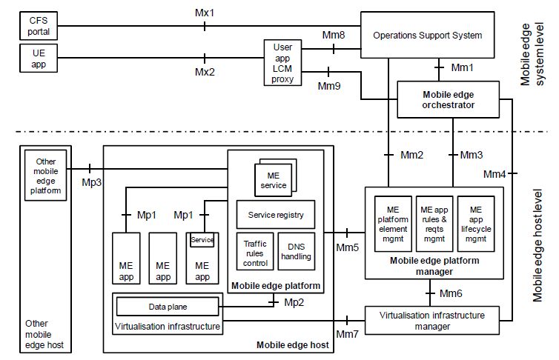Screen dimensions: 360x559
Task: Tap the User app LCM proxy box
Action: point(283,62)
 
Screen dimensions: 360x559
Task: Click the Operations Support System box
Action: point(427,35)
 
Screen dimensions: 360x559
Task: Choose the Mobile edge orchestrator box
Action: point(449,99)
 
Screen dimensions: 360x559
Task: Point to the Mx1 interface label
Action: point(205,12)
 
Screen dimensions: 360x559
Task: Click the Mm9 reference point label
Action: point(328,87)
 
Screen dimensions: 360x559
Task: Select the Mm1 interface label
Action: point(463,67)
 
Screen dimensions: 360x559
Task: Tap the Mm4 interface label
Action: point(494,174)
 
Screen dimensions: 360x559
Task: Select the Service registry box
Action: point(275,215)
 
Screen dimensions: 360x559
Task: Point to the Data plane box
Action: point(167,305)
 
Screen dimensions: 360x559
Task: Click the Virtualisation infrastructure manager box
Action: point(431,319)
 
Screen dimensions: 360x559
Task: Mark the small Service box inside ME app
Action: point(202,239)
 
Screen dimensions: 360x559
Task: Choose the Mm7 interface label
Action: point(348,334)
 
